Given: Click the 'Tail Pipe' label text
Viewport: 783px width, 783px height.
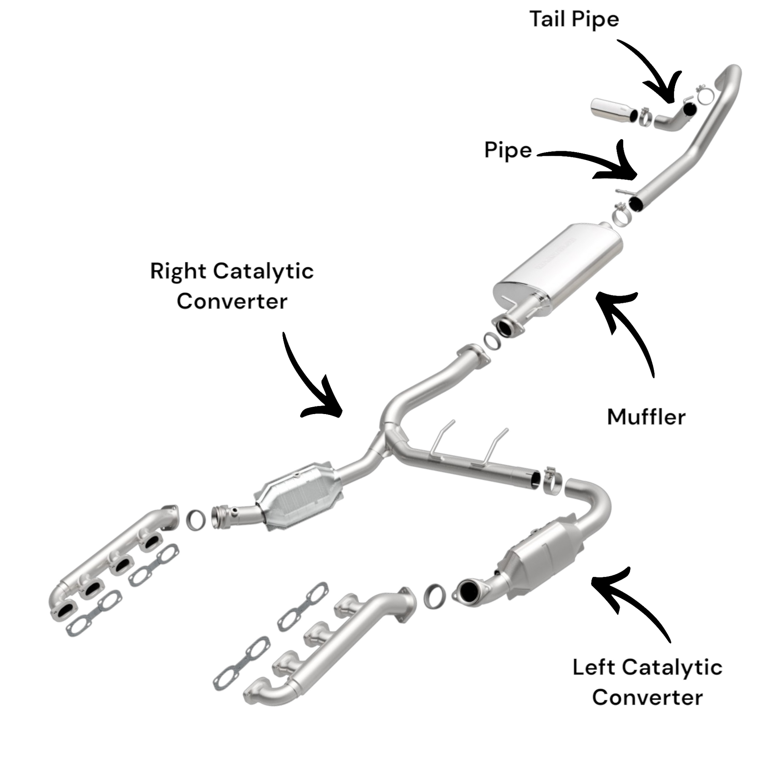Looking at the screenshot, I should click(574, 19).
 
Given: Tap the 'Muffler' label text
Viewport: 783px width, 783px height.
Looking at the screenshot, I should click(646, 417).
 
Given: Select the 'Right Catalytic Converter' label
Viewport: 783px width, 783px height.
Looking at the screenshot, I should click(232, 286).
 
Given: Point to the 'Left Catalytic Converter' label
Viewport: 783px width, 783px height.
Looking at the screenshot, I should click(647, 682).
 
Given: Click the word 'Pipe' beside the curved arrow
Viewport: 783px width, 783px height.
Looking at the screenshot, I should click(508, 150).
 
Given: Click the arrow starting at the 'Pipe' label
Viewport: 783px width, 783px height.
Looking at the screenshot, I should click(596, 162).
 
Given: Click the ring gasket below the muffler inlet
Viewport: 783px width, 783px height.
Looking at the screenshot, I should click(492, 341).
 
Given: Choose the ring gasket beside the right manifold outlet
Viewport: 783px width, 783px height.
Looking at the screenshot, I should click(196, 520).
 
